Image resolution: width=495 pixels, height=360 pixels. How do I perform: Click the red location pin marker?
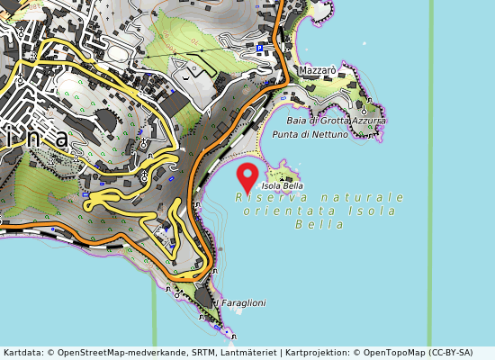point(247,174)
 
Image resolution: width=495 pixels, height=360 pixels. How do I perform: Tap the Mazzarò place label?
point(318,68)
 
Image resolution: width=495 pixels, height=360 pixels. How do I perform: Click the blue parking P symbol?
point(260,48)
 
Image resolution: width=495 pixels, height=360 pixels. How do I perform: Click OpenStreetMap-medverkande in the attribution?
point(112,353)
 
